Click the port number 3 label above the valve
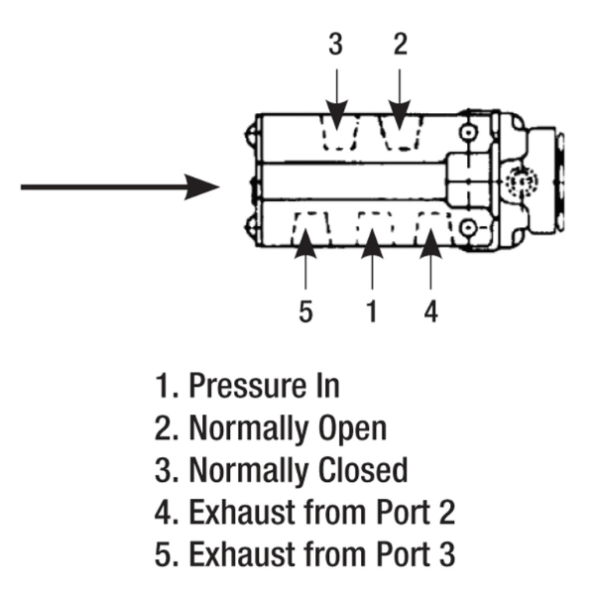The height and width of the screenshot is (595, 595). (x=336, y=45)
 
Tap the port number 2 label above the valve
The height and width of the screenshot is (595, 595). (x=400, y=45)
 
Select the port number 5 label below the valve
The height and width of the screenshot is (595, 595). (x=305, y=311)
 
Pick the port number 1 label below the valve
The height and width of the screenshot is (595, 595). (x=372, y=311)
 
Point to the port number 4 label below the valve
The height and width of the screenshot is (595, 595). (x=430, y=311)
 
